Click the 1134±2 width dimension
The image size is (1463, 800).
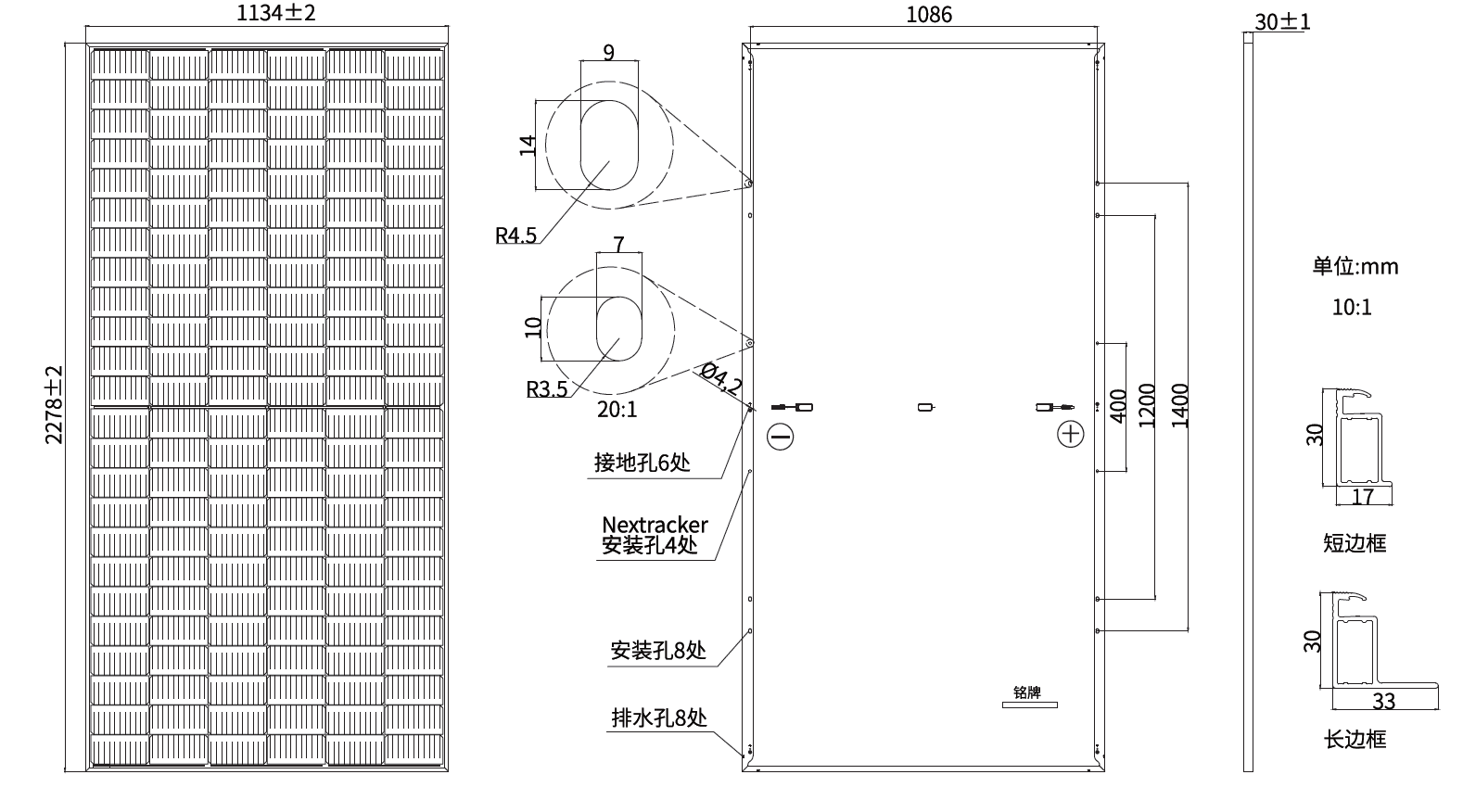click(269, 13)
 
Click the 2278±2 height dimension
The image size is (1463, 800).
click(54, 404)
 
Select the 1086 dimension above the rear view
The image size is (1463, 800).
click(928, 15)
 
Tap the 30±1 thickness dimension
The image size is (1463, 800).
click(1282, 21)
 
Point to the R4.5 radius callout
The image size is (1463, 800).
click(515, 235)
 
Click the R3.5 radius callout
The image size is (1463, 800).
click(546, 388)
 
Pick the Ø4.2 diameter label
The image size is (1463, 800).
click(722, 378)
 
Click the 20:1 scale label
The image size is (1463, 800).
click(617, 409)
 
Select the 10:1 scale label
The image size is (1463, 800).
click(1351, 307)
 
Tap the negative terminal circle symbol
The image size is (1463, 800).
click(781, 436)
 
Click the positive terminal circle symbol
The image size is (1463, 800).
click(1071, 434)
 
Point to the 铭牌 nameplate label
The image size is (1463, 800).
click(1027, 692)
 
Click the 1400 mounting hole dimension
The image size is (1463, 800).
click(1179, 406)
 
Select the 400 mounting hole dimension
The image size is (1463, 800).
click(1117, 406)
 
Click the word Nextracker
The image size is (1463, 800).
click(655, 526)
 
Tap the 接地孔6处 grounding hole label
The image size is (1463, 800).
click(642, 462)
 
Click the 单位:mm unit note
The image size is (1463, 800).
click(1355, 266)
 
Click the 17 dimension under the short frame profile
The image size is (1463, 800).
click(1362, 497)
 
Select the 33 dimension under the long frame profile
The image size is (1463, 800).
click(1383, 701)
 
